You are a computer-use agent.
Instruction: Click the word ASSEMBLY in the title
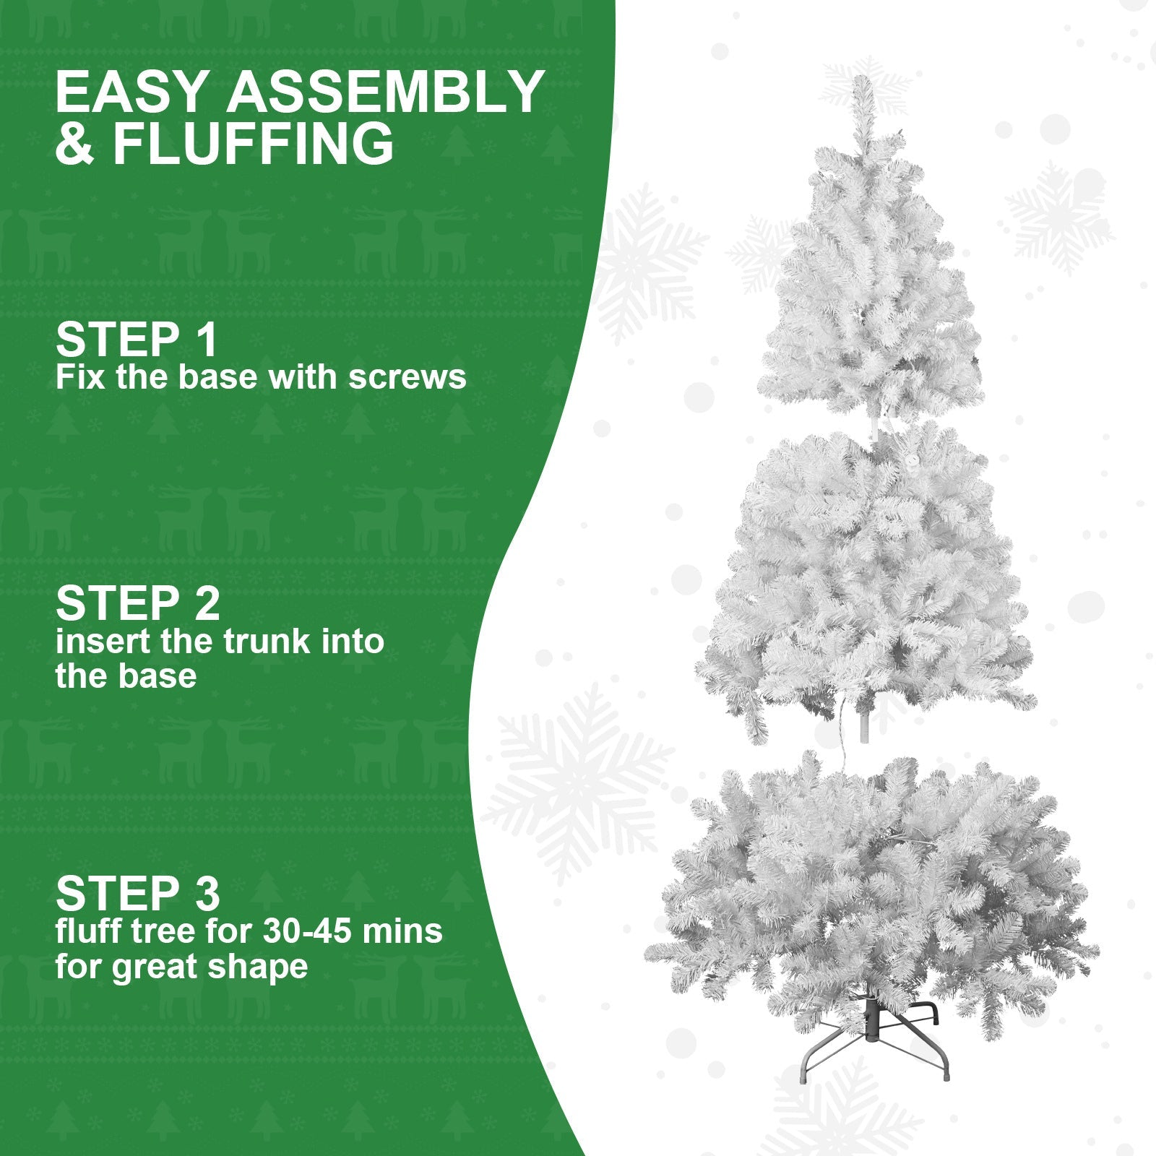pyautogui.click(x=385, y=92)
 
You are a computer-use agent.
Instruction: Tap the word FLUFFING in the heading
pyautogui.click(x=253, y=144)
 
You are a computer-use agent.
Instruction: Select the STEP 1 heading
pyautogui.click(x=136, y=340)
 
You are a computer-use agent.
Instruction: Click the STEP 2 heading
pyautogui.click(x=137, y=603)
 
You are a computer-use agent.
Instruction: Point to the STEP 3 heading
pyautogui.click(x=137, y=893)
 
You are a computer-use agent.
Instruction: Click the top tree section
pyautogui.click(x=871, y=289)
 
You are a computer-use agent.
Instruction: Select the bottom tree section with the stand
pyautogui.click(x=871, y=889)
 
